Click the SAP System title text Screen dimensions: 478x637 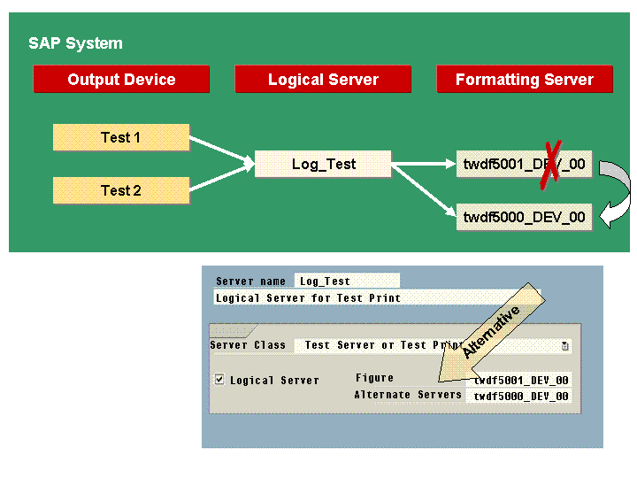point(75,43)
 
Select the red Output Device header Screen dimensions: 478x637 point(121,80)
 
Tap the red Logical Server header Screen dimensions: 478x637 point(323,80)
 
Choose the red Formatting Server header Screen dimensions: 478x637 point(524,80)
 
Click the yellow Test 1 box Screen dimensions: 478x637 point(121,137)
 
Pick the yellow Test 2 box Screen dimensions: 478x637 point(121,190)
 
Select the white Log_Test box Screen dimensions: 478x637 point(323,164)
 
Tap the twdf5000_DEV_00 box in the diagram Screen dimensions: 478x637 point(524,217)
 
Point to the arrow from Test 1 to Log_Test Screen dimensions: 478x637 point(221,149)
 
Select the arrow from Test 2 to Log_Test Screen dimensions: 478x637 point(221,179)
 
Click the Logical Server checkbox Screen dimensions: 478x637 point(219,380)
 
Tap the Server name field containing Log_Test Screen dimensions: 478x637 point(346,281)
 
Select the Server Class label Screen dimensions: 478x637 point(248,345)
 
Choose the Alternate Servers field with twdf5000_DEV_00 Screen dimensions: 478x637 point(520,397)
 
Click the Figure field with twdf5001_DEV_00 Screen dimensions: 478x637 point(520,380)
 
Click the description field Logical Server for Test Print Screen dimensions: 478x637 point(372,298)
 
